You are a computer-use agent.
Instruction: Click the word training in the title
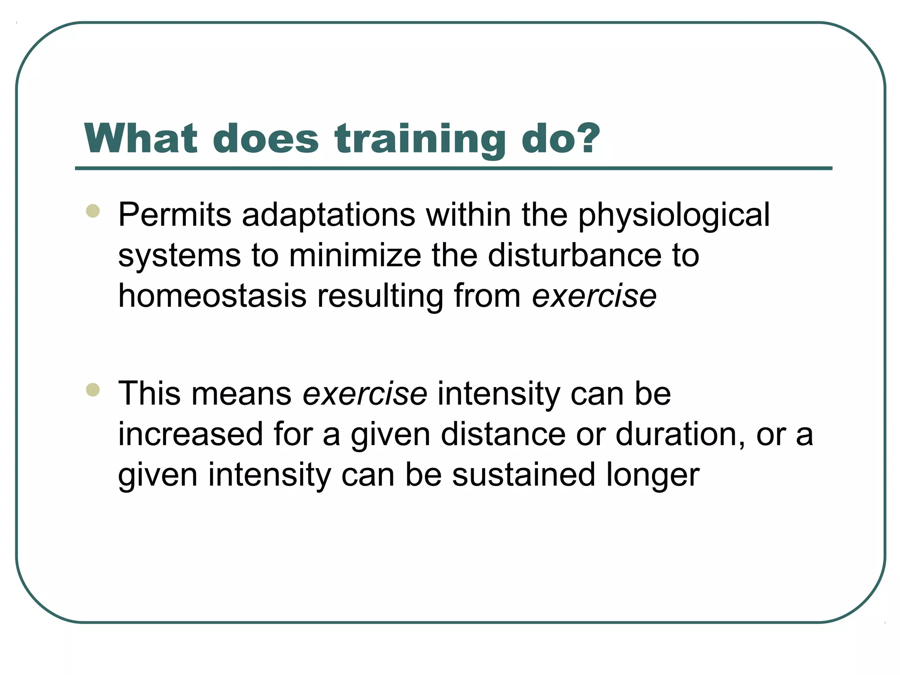pos(420,140)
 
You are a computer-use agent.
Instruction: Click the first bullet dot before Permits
pos(93,211)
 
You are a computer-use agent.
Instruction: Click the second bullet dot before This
pos(93,390)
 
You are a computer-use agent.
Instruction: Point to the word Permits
pos(174,215)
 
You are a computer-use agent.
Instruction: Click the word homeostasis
pos(212,296)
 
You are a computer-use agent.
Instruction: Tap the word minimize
pos(355,256)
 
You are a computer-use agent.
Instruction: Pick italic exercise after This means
pos(365,394)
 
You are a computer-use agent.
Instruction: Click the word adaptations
pos(328,215)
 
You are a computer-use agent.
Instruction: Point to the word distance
pos(503,434)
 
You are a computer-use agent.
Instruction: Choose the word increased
pos(190,434)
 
